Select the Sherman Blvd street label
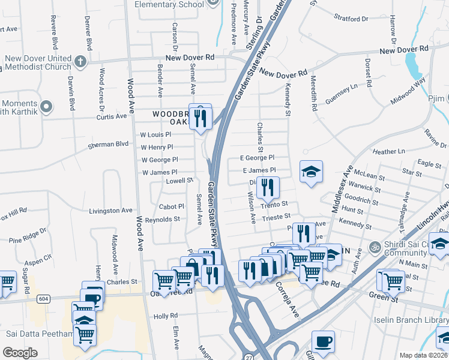(x=109, y=144)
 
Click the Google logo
(x=20, y=352)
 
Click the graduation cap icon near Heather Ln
(x=311, y=172)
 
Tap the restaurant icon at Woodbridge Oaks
(x=200, y=116)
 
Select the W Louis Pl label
(x=155, y=135)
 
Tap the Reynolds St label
(x=162, y=219)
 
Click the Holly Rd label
(x=162, y=316)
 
